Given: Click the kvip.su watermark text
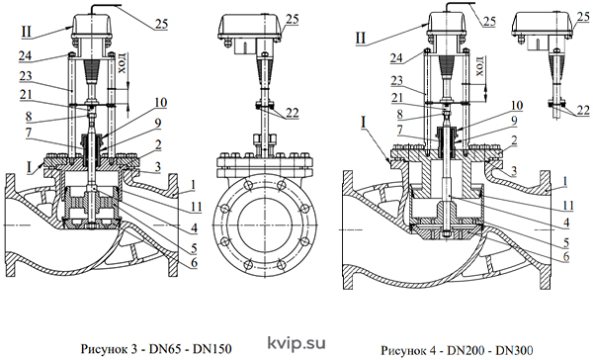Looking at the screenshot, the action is coord(296,343).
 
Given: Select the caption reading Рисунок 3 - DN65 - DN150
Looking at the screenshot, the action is coord(156,349).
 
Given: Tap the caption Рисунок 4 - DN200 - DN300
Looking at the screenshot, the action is coord(457,350).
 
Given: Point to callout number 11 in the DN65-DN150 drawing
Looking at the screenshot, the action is coord(195,207).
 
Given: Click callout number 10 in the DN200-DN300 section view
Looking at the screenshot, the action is coord(516,105).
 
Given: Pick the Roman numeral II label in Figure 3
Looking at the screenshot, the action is coord(26,32).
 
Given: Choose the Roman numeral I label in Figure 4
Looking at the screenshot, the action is coord(364,122).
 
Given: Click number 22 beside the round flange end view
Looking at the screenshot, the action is coord(292,113).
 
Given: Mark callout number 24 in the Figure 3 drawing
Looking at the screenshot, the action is coord(26,56).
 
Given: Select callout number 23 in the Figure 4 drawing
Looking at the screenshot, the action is coord(397,81).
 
